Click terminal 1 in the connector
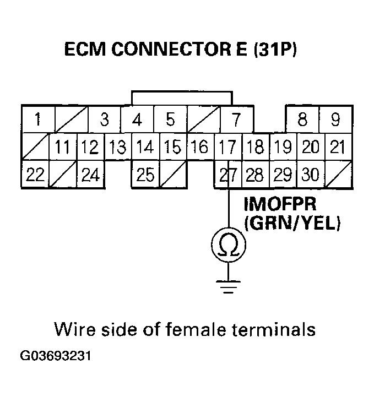pyautogui.click(x=37, y=119)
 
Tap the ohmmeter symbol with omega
pyautogui.click(x=228, y=245)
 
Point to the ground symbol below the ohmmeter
pyautogui.click(x=228, y=285)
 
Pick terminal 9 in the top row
pyautogui.click(x=335, y=119)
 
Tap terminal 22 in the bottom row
pyautogui.click(x=35, y=175)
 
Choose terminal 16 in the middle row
pyautogui.click(x=200, y=147)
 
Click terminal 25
pyautogui.click(x=145, y=175)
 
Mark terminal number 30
pyautogui.click(x=311, y=175)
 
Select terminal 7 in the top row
pyautogui.click(x=236, y=119)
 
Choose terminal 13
pyautogui.click(x=117, y=147)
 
